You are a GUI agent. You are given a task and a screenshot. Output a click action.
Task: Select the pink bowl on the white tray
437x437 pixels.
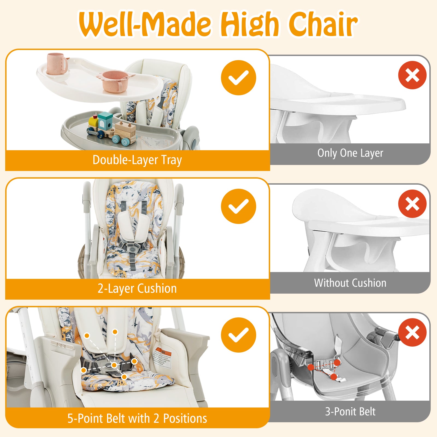pyautogui.click(x=116, y=81)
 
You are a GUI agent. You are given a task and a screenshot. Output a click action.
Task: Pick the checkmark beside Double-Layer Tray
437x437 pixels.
pyautogui.click(x=238, y=78)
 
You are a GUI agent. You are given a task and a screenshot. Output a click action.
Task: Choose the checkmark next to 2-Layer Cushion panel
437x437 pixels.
pyautogui.click(x=238, y=206)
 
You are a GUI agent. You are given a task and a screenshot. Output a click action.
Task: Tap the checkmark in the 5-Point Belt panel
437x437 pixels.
pyautogui.click(x=238, y=335)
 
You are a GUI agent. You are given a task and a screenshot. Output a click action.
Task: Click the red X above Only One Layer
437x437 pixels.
pyautogui.click(x=412, y=75)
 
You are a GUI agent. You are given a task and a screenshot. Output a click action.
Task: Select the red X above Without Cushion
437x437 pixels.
pyautogui.click(x=412, y=204)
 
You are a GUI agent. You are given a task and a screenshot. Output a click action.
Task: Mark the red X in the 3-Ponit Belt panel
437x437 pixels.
pyautogui.click(x=412, y=332)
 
